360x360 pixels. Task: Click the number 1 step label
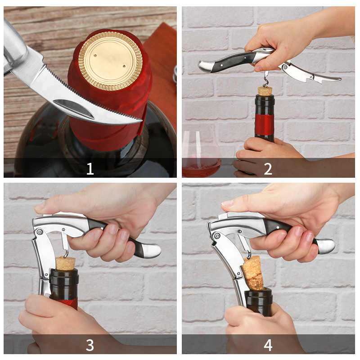click(x=90, y=169)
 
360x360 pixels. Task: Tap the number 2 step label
click(x=268, y=169)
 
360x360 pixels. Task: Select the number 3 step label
click(x=90, y=345)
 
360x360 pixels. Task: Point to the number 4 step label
click(x=268, y=345)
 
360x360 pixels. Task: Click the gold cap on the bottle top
click(x=110, y=61)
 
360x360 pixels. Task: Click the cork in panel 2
click(x=265, y=91)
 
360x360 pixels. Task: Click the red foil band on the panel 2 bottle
click(x=265, y=124)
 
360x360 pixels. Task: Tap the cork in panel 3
click(x=65, y=263)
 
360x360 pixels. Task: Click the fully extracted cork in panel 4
click(x=252, y=273)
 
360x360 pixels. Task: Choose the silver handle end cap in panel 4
click(x=326, y=246)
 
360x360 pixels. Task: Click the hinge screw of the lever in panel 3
click(x=40, y=232)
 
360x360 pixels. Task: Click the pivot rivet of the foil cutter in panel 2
click(x=285, y=67)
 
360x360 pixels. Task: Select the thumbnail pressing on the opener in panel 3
click(x=40, y=206)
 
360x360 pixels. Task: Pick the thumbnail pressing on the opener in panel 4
click(x=227, y=203)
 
